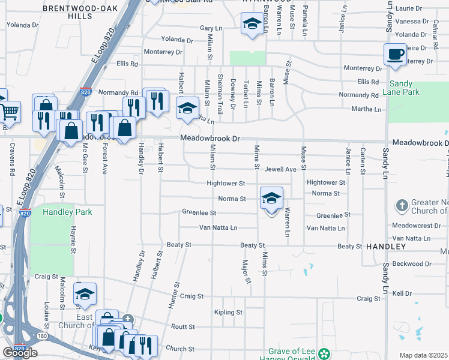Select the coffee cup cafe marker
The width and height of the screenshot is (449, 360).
click(394, 55)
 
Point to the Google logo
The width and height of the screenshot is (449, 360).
click(20, 353)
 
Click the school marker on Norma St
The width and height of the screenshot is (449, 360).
click(271, 198)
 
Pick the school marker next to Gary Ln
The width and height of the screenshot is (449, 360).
click(252, 25)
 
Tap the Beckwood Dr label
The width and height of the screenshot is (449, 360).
click(412, 263)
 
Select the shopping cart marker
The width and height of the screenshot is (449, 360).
click(9, 112)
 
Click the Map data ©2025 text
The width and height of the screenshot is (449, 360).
click(423, 355)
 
